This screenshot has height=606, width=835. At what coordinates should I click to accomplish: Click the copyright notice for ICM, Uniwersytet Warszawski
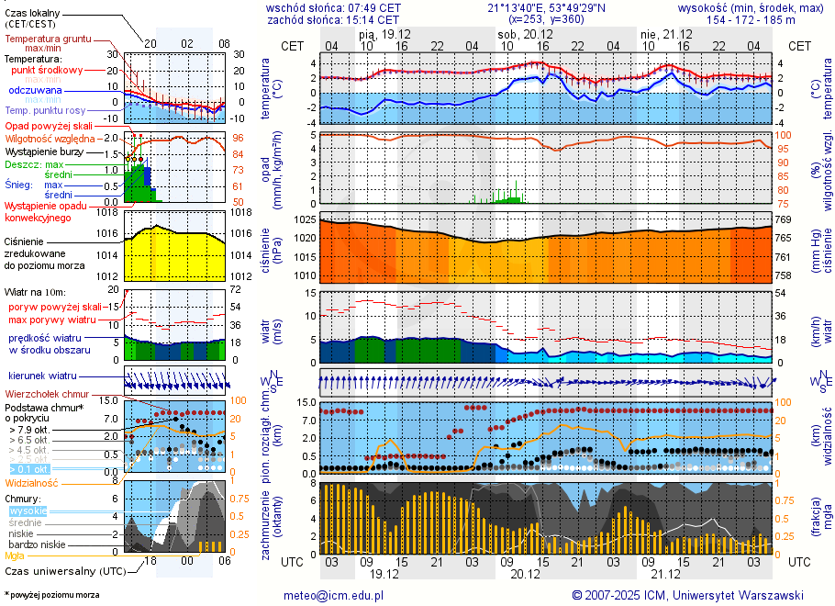688,595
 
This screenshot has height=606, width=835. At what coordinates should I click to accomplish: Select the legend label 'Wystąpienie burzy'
42,151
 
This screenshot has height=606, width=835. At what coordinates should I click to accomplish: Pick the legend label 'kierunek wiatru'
42,376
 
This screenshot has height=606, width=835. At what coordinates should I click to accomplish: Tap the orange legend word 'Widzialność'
32,482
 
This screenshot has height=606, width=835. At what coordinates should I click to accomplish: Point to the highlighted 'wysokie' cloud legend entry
28,511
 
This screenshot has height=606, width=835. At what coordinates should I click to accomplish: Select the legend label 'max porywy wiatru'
52,320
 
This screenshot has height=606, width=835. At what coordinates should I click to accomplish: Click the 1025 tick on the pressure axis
304,221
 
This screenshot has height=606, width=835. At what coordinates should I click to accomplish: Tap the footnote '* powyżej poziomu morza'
51,595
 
